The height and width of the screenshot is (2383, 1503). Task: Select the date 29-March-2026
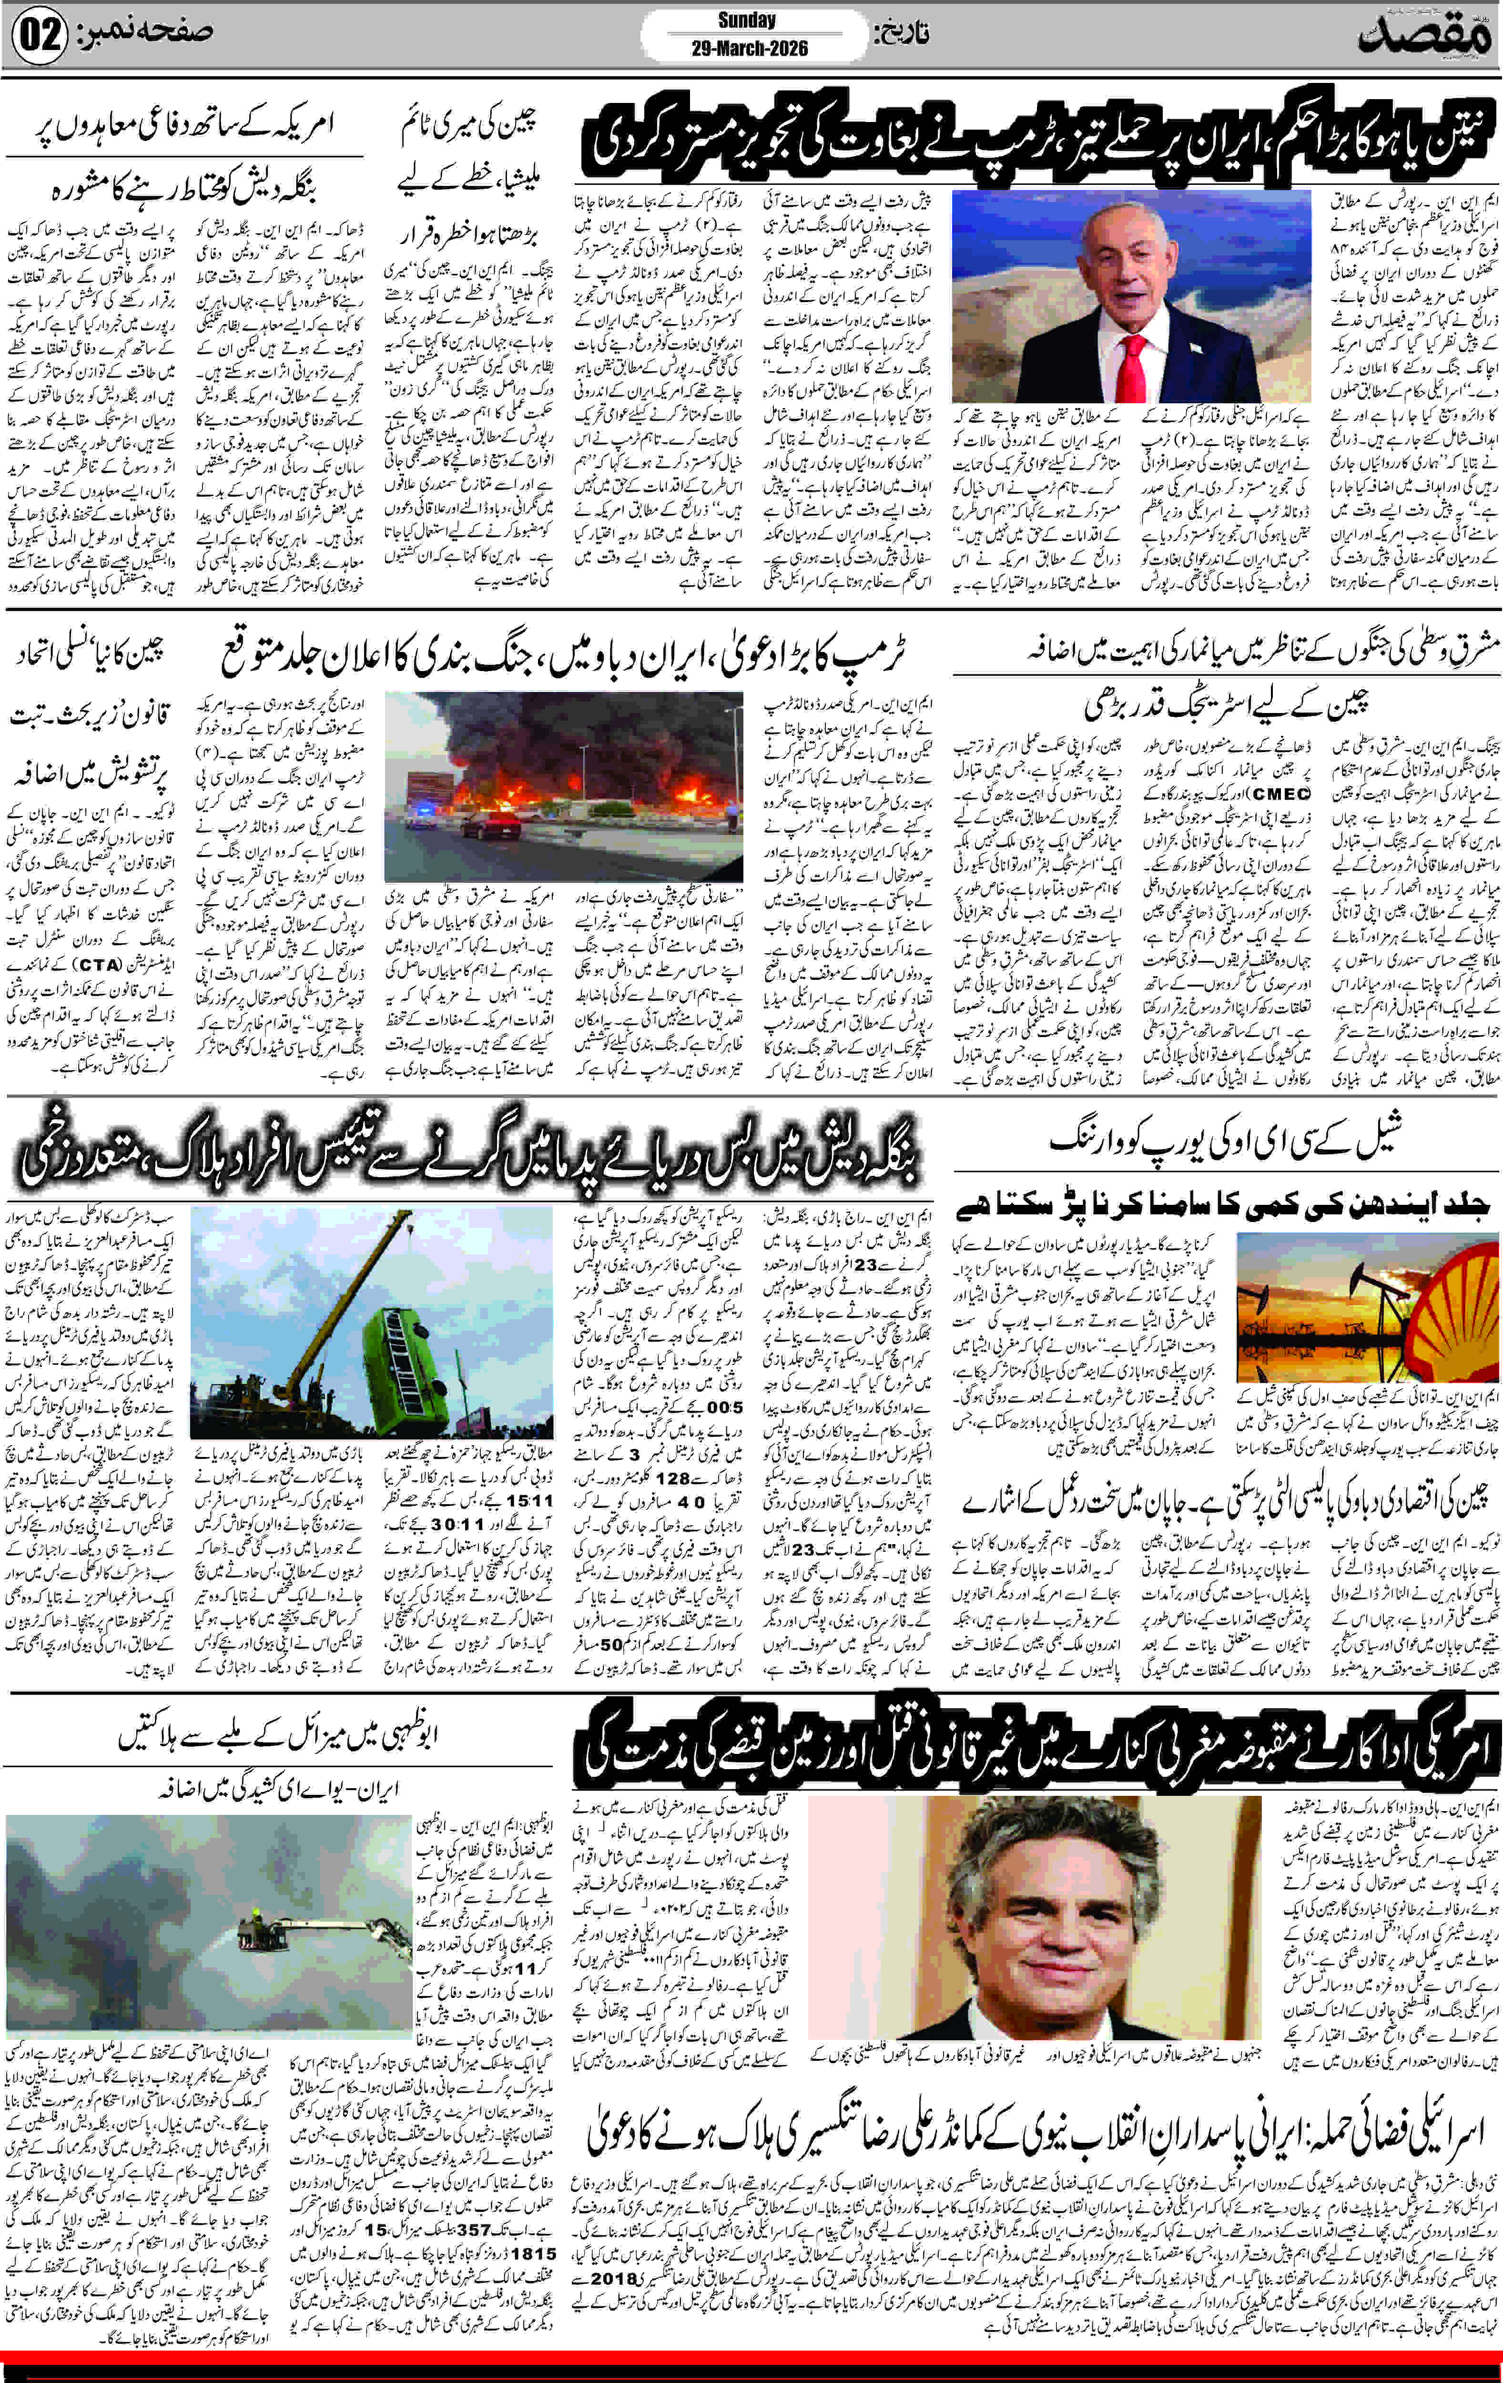coord(749,49)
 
